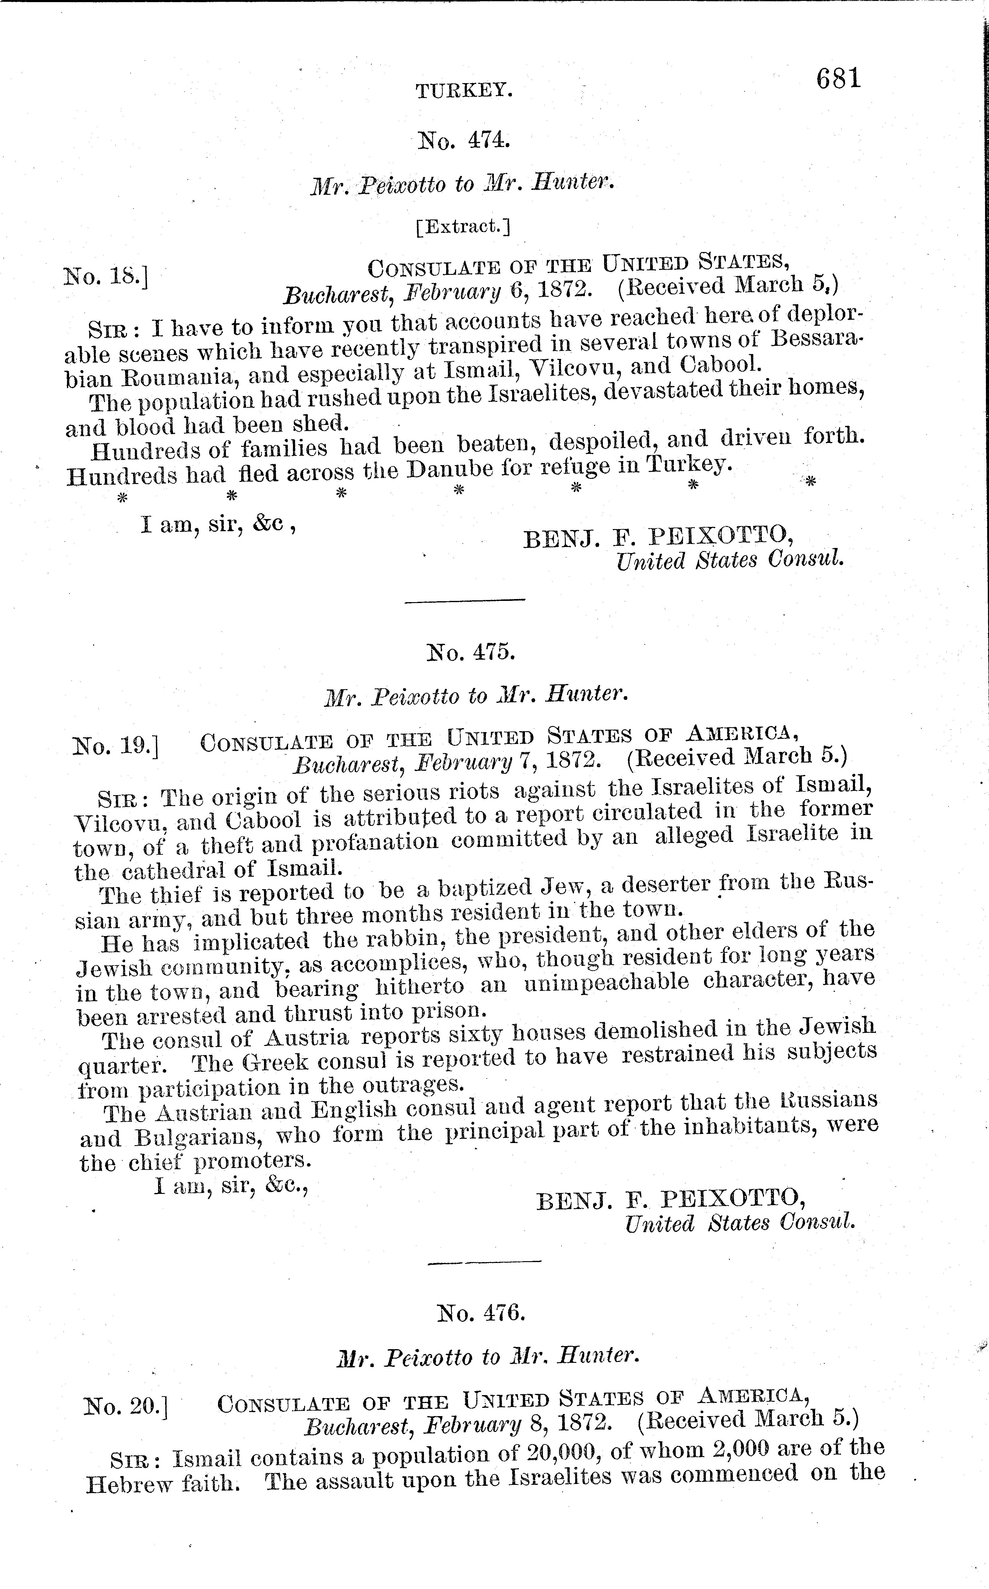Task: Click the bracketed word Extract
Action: pos(463,226)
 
